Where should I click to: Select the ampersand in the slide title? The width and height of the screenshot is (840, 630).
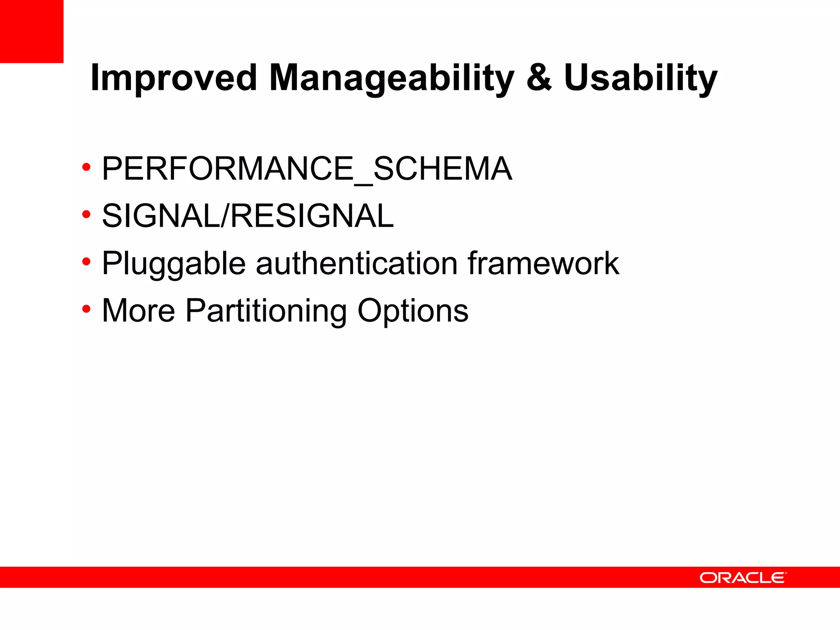pos(539,78)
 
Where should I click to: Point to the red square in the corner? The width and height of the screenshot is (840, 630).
pos(32,31)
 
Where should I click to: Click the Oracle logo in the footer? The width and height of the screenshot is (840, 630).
pos(743,577)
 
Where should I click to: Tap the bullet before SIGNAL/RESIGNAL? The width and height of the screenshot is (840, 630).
pos(86,214)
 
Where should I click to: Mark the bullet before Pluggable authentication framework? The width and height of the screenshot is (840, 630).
pos(86,261)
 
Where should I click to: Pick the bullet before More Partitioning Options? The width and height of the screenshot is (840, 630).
pos(86,308)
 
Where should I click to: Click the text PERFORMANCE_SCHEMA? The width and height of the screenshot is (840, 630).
pos(307,169)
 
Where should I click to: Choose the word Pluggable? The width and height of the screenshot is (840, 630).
pos(173,263)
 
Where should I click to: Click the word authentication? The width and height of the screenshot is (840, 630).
pos(356,263)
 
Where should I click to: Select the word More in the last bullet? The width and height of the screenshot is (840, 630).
pos(138,310)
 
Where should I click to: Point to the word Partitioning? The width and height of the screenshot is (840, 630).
pos(266,310)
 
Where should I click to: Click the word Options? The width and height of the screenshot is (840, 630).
pos(413,310)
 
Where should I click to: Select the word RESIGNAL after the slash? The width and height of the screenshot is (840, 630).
pos(312,216)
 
